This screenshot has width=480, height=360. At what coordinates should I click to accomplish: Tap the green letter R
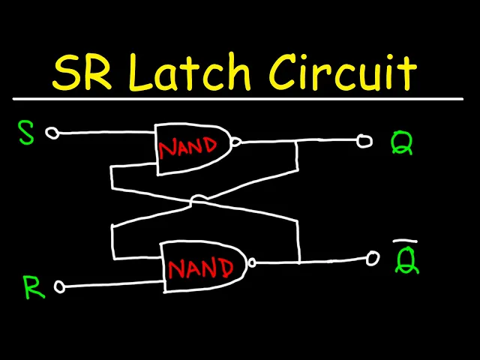tap(31, 288)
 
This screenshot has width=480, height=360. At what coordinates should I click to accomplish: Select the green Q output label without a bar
tap(402, 143)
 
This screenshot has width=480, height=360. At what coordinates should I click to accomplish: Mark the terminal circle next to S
tap(52, 133)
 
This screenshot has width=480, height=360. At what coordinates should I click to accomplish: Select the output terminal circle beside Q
tap(364, 141)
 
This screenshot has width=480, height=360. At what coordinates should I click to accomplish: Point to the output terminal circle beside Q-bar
tap(373, 259)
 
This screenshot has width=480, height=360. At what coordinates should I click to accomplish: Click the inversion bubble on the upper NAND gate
tap(237, 141)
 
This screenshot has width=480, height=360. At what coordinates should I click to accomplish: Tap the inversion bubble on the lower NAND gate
tap(253, 262)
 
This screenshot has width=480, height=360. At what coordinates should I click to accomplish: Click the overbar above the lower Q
tap(406, 241)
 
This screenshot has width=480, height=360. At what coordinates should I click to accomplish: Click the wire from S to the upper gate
tap(105, 133)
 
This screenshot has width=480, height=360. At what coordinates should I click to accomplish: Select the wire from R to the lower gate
tap(112, 285)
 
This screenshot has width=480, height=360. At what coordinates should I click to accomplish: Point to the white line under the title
tap(240, 98)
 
